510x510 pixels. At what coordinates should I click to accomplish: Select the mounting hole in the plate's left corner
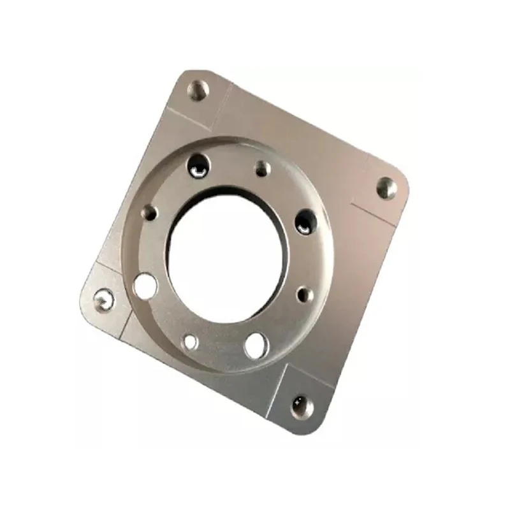(103, 299)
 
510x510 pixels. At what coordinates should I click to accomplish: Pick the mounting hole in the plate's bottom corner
(301, 404)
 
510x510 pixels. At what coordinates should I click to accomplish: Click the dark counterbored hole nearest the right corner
(306, 221)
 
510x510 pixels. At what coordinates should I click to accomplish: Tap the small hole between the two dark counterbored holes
(262, 169)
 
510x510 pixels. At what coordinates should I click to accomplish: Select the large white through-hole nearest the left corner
(144, 286)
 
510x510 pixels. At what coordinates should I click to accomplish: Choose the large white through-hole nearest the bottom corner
(256, 345)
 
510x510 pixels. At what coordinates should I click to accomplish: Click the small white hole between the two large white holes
(190, 342)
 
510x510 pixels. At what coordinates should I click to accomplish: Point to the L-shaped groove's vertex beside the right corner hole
(352, 205)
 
